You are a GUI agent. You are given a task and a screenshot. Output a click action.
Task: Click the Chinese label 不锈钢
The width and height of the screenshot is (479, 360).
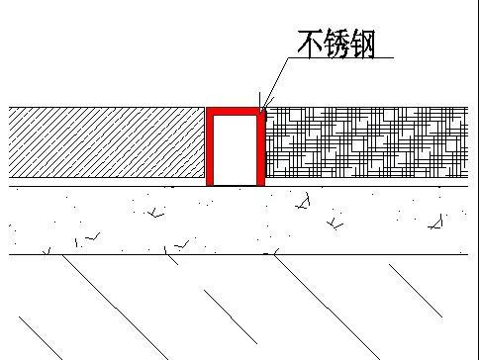pos(335,43)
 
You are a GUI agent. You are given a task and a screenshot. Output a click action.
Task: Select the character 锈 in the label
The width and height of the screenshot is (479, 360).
pos(335,43)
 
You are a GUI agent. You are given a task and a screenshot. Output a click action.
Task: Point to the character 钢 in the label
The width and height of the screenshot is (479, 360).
pos(362,43)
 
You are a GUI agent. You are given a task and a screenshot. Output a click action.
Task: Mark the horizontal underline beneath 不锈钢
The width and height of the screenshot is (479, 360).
pos(346,58)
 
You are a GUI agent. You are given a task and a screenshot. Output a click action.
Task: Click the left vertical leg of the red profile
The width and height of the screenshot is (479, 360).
pos(210,148)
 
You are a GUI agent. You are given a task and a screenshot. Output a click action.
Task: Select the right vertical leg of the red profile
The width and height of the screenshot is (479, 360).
pos(261,148)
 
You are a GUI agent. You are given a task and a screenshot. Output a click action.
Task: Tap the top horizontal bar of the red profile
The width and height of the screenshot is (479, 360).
pos(236,112)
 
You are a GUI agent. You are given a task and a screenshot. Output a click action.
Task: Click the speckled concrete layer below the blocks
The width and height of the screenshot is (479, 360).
pos(238,222)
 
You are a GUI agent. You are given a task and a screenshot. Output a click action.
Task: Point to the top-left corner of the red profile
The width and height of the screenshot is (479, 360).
pos(208,110)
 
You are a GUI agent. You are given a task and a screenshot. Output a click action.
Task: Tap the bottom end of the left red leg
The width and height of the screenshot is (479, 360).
pos(210,183)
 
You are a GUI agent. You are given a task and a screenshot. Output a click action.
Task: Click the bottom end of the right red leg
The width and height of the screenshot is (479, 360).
pos(261,183)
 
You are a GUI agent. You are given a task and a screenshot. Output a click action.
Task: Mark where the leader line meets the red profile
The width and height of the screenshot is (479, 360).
pos(262,109)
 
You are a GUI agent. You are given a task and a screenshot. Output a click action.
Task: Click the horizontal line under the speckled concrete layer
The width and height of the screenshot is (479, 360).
pos(238,255)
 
